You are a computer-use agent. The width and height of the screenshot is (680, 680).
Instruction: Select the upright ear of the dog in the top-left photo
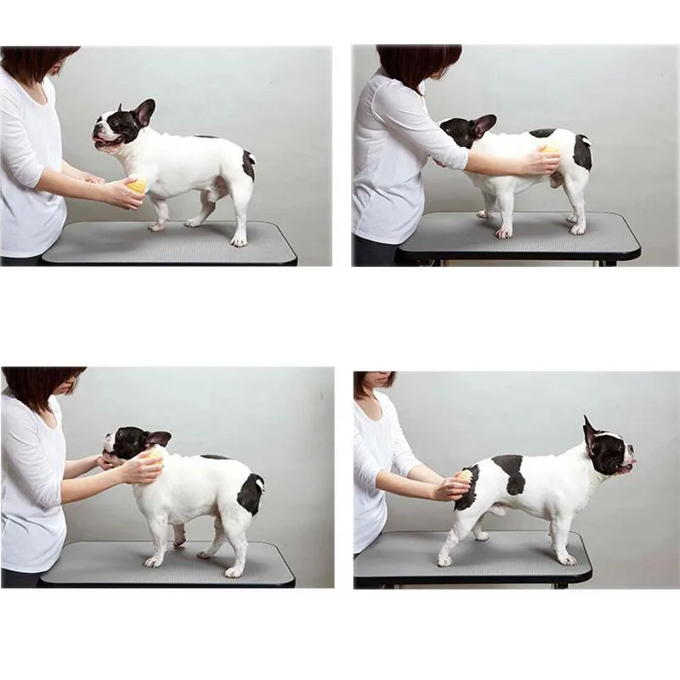[144, 111]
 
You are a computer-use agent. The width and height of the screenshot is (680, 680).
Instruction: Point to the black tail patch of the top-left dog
[247, 164]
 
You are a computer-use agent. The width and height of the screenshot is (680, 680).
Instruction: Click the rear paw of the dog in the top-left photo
[239, 241]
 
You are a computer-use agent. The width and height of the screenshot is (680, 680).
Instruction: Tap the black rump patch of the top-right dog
[581, 152]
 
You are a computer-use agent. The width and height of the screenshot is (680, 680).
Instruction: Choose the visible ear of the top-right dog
[484, 125]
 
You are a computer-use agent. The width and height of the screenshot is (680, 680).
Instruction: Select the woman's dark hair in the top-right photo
[419, 65]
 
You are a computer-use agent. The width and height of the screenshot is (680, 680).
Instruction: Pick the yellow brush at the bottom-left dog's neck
[154, 458]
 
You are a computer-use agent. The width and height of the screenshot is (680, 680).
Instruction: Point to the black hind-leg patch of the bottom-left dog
[250, 493]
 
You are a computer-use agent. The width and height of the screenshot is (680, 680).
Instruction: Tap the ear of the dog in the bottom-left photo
[158, 439]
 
